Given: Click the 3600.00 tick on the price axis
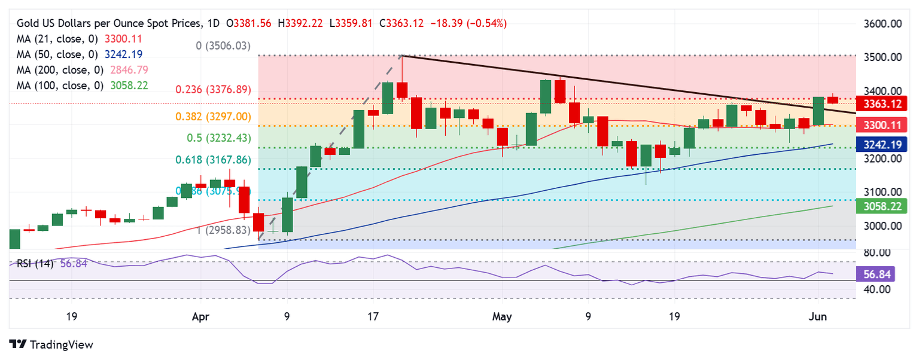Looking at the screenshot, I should (x=883, y=24).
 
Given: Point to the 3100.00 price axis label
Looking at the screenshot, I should (x=883, y=192).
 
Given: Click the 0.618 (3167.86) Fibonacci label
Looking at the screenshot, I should (x=212, y=160).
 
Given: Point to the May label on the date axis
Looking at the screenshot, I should (x=502, y=316).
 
